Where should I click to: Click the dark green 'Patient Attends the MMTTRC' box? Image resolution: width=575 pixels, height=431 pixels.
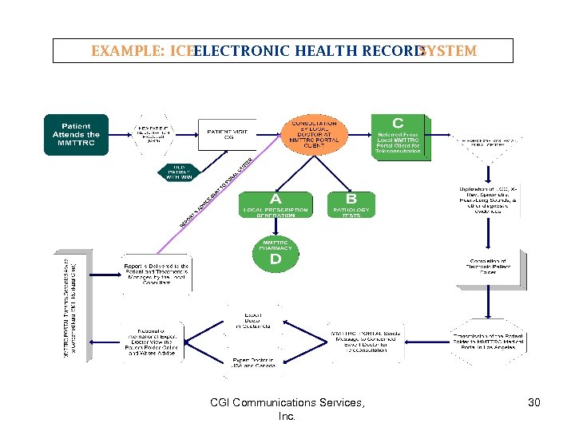[76, 134]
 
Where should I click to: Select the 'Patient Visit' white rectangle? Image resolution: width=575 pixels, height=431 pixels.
[231, 134]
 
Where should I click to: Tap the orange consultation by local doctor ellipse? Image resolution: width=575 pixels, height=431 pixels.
[315, 133]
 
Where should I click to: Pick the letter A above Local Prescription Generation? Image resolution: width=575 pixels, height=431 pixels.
[276, 197]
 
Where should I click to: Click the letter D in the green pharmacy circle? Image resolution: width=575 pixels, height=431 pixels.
[276, 259]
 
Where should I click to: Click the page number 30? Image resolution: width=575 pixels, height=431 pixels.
[534, 403]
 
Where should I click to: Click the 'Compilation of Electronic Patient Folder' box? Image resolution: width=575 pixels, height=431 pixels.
[488, 267]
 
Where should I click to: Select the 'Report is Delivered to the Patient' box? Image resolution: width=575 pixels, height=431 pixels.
[157, 274]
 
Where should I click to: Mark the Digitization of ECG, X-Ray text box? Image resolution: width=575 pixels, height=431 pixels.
[490, 200]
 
